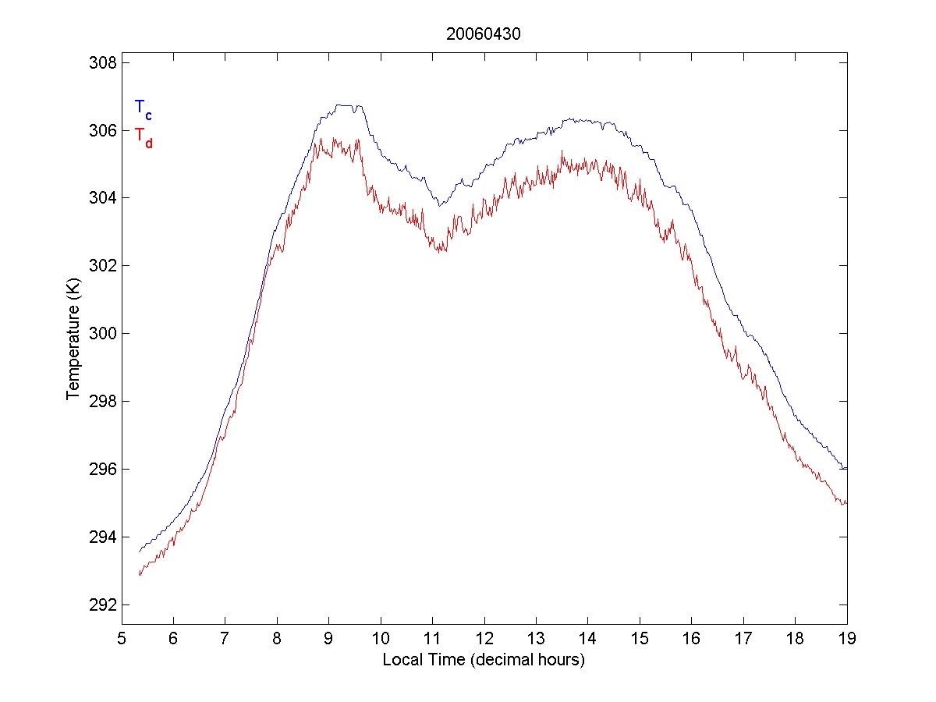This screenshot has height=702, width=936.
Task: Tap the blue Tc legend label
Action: click(143, 108)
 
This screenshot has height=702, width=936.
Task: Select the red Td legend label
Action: click(143, 136)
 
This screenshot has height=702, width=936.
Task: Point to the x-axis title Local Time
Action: click(484, 660)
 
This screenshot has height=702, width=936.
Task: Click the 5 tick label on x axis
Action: click(122, 637)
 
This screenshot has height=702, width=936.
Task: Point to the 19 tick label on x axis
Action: click(847, 637)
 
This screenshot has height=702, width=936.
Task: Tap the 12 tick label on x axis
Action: click(484, 637)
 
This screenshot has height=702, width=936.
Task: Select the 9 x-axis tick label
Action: click(329, 637)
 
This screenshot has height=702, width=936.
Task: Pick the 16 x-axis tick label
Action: click(692, 637)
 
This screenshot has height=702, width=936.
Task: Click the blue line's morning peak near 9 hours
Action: click(343, 105)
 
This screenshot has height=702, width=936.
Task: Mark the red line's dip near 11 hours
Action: click(441, 250)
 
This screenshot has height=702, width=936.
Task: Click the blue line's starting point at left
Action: click(140, 551)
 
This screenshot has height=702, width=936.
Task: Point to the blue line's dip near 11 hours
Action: click(441, 205)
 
